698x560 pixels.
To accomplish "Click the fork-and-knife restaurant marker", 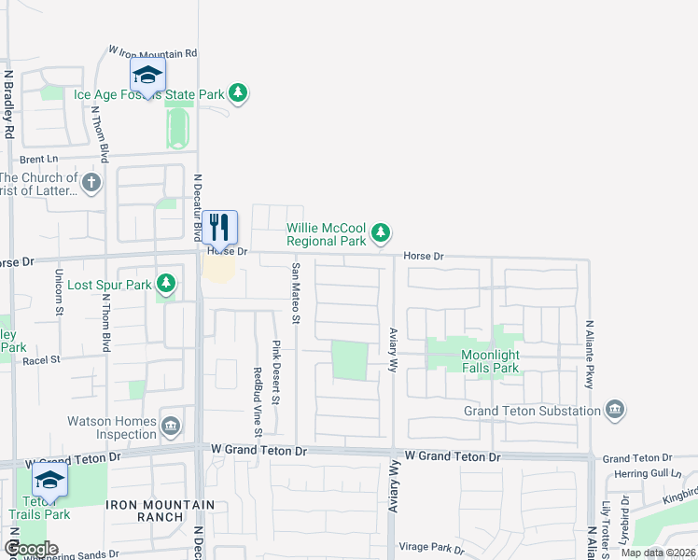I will (x=219, y=227).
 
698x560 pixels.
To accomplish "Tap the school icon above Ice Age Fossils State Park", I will (x=147, y=75).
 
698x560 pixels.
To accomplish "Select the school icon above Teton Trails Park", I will (x=49, y=481).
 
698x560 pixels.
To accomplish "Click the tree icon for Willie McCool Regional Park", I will (x=380, y=231).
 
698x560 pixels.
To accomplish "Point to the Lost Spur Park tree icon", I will (x=166, y=282).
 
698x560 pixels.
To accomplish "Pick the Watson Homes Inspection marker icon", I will (x=171, y=427).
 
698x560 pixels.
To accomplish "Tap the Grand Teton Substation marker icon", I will (x=614, y=410).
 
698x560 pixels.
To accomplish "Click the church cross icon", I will (x=91, y=182).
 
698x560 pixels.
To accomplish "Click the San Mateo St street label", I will (x=296, y=294).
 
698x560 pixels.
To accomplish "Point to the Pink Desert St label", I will (x=276, y=372).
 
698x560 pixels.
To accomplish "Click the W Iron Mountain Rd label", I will (x=153, y=53).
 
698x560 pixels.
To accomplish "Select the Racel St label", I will (x=41, y=358).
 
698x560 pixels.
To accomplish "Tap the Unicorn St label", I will (x=58, y=291).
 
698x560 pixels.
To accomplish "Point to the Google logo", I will (x=31, y=549).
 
